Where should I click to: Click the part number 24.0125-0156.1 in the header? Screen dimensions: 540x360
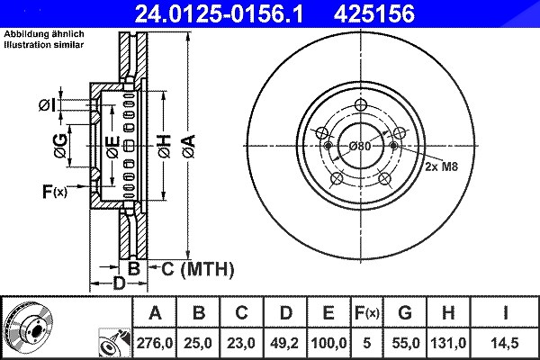[219, 13]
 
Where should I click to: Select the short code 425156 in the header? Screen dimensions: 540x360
[374, 13]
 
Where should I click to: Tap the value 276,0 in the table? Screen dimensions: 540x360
[154, 343]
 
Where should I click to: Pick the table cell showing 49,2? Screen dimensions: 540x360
[284, 343]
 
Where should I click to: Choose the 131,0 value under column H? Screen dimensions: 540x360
[448, 343]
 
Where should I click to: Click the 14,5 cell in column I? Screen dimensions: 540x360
[505, 343]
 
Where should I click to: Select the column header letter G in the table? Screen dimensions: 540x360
[405, 313]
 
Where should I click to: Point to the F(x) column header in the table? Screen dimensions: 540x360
[367, 313]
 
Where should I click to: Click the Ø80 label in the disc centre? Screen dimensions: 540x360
[360, 147]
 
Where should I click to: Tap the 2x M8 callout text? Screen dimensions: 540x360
[442, 166]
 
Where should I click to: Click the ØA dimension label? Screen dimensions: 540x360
[188, 147]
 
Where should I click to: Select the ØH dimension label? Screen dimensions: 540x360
[165, 147]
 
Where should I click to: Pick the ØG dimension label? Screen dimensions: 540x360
[60, 146]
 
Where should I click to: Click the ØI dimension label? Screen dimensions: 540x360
[47, 105]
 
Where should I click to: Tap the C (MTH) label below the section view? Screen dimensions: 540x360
[197, 269]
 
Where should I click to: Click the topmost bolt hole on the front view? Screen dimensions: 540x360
[361, 104]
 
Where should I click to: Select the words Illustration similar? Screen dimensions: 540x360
[44, 45]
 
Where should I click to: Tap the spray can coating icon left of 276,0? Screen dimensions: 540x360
[114, 343]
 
